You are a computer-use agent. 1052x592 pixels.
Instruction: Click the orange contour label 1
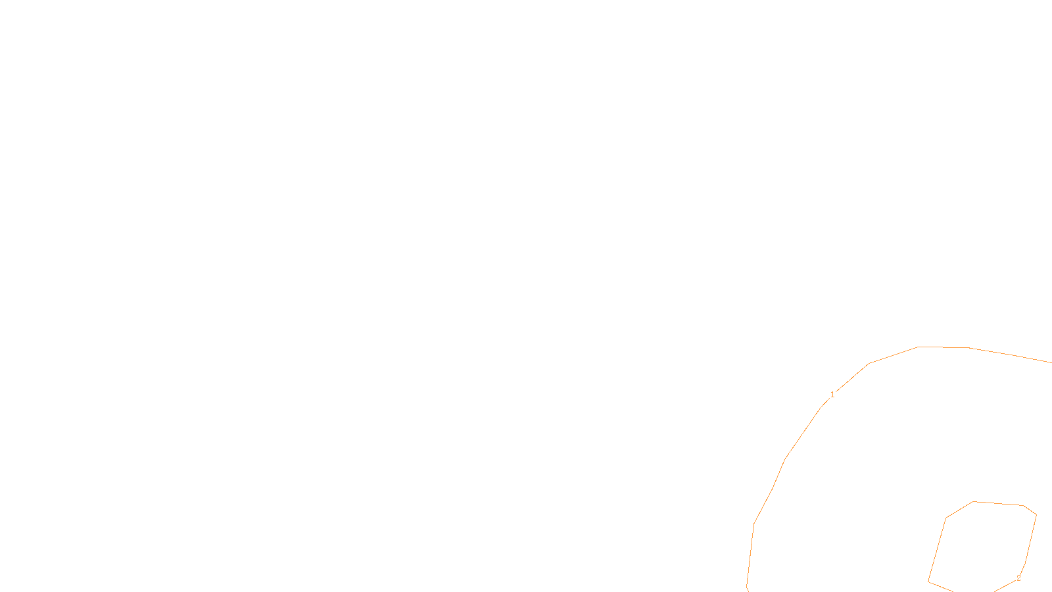point(832,395)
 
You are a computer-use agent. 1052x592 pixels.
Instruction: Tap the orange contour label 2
point(1018,578)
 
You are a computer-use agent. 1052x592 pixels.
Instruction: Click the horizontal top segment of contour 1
point(944,347)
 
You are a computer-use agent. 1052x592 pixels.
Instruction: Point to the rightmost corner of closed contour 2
point(1036,515)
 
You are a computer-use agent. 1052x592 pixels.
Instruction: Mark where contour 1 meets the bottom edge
point(748,590)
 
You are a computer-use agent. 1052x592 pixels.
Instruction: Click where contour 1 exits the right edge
point(1050,362)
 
